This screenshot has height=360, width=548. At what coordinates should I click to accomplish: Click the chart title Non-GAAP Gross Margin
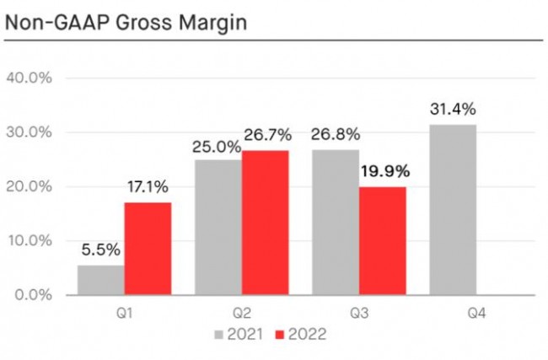pos(126,23)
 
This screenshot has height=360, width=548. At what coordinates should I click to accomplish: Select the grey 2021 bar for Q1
pos(101,280)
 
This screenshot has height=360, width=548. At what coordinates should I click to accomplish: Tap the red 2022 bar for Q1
pos(148,249)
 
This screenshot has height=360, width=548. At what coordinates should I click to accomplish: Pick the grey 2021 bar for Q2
pos(218,228)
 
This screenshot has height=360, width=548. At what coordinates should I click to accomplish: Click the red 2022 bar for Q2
pos(265,223)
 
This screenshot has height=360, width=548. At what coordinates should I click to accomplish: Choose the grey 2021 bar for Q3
pos(336,223)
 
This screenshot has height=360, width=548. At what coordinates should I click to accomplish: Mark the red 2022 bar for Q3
pos(382,241)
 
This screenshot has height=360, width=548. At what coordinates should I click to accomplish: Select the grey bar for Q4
pos(452,210)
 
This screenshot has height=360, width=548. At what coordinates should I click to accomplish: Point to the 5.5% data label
pos(101,250)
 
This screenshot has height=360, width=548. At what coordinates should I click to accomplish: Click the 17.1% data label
pos(148,187)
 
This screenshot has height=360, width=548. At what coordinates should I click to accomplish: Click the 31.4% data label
pos(454,109)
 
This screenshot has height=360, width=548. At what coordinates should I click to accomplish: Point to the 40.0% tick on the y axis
pos(30,78)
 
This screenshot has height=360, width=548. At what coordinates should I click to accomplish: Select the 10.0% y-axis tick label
pos(30,241)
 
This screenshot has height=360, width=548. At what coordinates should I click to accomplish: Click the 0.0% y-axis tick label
pos(33,295)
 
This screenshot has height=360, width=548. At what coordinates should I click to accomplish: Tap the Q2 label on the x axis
pos(241,314)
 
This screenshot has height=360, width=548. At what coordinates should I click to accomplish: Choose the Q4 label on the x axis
pos(475,314)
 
